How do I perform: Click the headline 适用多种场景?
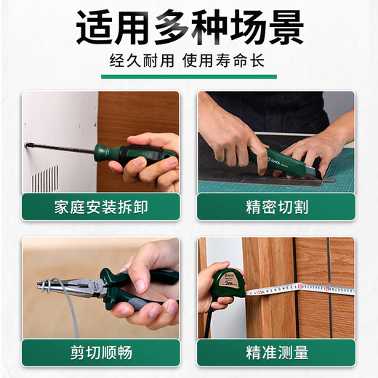(x=189, y=29)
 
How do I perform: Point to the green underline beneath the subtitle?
(x=188, y=76)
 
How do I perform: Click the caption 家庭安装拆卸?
(x=100, y=206)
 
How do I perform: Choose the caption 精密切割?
(x=276, y=206)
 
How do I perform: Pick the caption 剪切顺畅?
(x=100, y=353)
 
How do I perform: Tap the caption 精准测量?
(x=276, y=353)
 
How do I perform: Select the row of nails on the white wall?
(x=45, y=177)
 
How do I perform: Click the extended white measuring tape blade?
(x=305, y=290)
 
